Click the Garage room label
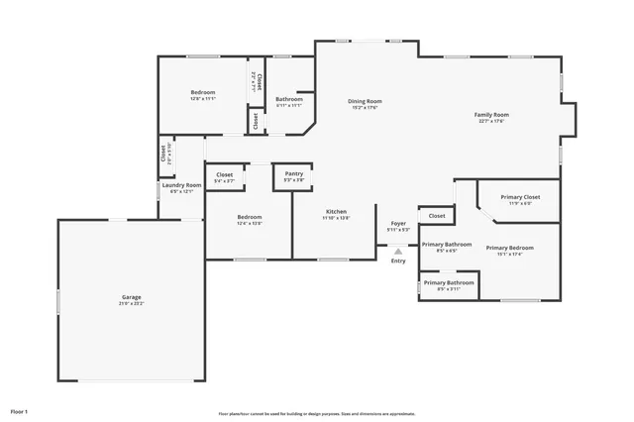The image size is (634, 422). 131,296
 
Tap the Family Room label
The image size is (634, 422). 492,115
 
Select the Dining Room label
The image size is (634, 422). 365,101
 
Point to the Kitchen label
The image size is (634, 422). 336,212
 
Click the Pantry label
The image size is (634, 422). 294,173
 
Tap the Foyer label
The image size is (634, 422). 398,224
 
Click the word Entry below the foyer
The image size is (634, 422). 398,261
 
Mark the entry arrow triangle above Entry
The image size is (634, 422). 398,251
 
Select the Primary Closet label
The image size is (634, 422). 520,197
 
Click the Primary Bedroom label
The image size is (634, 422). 509,248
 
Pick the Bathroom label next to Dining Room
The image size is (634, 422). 289,99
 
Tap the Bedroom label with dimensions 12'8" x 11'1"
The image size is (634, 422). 203,93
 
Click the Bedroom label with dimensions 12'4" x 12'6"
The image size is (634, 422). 249,217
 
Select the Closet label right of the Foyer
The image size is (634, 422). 437,215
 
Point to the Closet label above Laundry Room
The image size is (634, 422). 163,154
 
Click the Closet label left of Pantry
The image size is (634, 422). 224,175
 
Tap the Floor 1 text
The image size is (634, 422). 19,410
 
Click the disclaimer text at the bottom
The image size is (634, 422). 317,414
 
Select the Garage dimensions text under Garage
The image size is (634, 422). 131,303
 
